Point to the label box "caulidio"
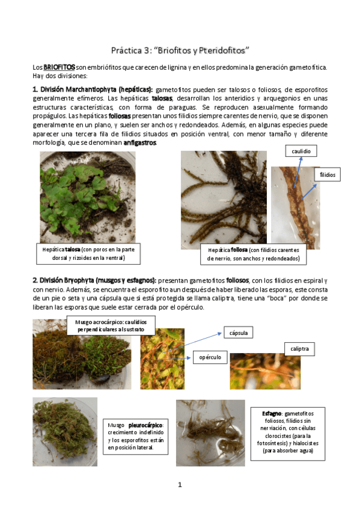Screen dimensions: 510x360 tap(300, 152)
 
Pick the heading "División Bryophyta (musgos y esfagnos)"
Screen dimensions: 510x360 tap(94, 280)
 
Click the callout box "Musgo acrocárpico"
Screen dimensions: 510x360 tap(111, 326)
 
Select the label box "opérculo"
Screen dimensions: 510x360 tap(209, 357)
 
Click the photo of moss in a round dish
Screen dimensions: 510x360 tap(64, 432)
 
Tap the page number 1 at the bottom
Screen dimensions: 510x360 tap(180, 484)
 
